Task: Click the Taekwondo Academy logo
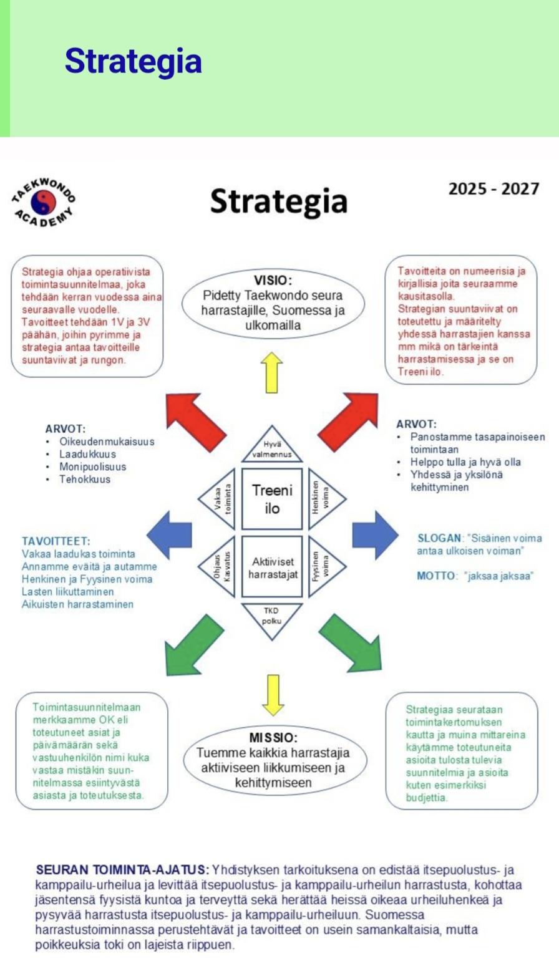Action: (44, 201)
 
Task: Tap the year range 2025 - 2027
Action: (493, 189)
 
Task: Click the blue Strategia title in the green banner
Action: (133, 61)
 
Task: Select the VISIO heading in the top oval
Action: (273, 280)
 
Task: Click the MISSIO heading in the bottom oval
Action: (273, 738)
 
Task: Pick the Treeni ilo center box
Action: (272, 499)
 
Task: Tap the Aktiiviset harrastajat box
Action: (272, 568)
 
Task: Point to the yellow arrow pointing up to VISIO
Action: (272, 372)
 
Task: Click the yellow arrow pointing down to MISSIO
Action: (273, 694)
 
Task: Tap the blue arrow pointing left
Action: (170, 534)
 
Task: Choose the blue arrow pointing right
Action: (374, 534)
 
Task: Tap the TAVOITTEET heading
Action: (56, 541)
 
